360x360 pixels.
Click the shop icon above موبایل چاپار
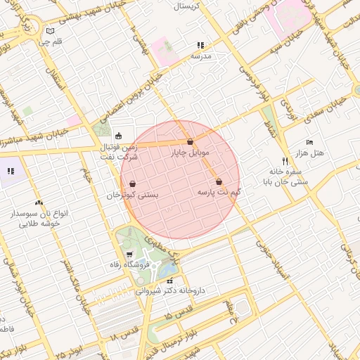pyautogui.click(x=191, y=142)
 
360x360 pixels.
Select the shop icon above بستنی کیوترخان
pyautogui.click(x=133, y=184)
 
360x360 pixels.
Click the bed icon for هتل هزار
pyautogui.click(x=309, y=142)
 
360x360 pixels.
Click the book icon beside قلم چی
pyautogui.click(x=49, y=31)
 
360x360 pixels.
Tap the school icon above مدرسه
pyautogui.click(x=201, y=45)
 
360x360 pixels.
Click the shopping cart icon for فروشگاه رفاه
pyautogui.click(x=129, y=254)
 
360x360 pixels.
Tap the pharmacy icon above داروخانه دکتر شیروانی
pyautogui.click(x=169, y=281)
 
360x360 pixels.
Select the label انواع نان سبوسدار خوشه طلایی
pyautogui.click(x=38, y=217)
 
